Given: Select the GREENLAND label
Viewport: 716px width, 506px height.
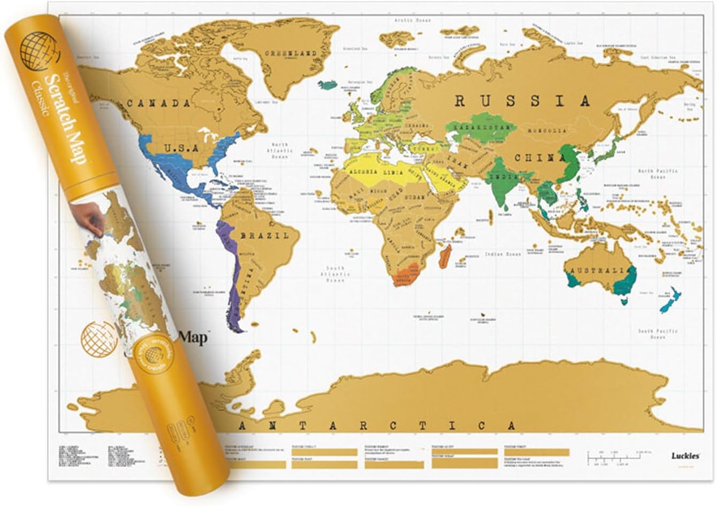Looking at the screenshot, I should [x=292, y=53].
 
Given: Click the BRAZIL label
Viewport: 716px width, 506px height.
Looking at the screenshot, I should [x=264, y=235].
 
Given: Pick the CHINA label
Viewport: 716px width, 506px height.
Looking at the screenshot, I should [x=540, y=158].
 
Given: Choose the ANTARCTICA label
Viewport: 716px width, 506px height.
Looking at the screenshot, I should [x=378, y=426].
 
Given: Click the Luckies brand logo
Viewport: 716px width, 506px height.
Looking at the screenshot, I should [x=686, y=456].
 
